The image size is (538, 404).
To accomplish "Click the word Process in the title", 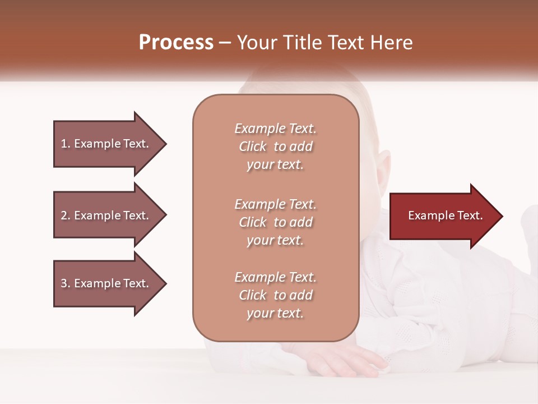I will coord(176,43).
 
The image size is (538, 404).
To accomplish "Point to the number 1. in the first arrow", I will coord(66,144).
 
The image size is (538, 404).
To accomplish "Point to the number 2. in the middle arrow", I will coord(66,215).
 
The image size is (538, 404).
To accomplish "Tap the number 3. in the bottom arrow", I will coord(66,283).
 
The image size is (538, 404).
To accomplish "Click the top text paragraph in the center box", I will coord(275,146).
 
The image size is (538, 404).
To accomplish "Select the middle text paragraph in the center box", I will coord(275,222).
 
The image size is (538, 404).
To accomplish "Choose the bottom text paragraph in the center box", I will coord(275,295).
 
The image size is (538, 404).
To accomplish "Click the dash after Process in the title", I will coord(225,43).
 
